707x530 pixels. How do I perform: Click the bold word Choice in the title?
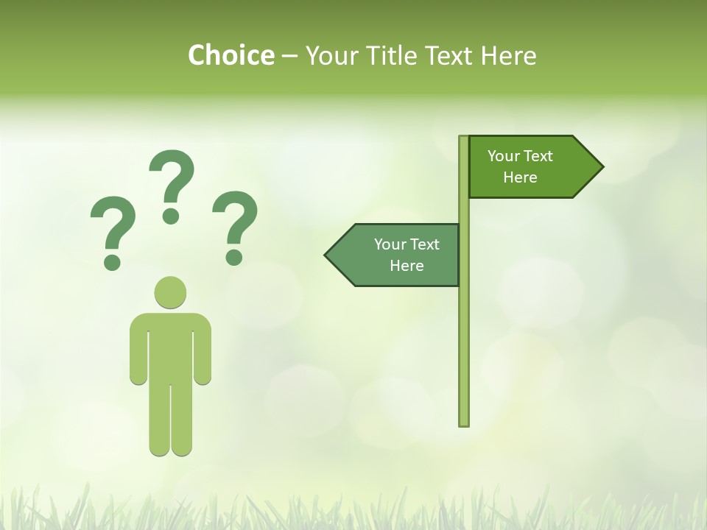pyautogui.click(x=231, y=55)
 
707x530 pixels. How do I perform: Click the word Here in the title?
pyautogui.click(x=508, y=55)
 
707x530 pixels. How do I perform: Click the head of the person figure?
pyautogui.click(x=171, y=291)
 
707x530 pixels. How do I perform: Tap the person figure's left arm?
pyautogui.click(x=138, y=350)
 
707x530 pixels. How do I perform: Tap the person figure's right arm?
pyautogui.click(x=203, y=350)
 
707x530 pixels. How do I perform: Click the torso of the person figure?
pyautogui.click(x=171, y=346)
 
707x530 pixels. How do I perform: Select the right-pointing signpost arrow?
pyautogui.click(x=530, y=166)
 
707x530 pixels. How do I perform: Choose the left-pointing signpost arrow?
pyautogui.click(x=398, y=255)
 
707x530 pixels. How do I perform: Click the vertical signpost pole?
pyautogui.click(x=464, y=331)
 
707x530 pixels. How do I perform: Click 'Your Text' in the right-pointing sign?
pyautogui.click(x=520, y=156)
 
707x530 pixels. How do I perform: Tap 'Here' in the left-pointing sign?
pyautogui.click(x=407, y=266)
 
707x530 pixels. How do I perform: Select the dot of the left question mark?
pyautogui.click(x=112, y=261)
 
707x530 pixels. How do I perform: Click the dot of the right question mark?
pyautogui.click(x=235, y=257)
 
